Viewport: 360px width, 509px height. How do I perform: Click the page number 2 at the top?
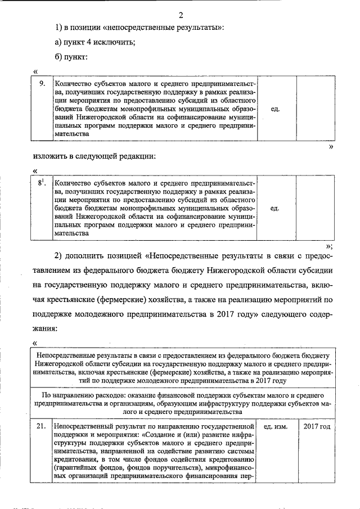[180, 15]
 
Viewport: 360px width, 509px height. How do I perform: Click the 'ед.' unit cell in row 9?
[276, 108]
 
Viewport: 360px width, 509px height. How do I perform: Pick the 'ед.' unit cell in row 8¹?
[276, 208]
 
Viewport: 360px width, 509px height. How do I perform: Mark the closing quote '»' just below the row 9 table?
[331, 145]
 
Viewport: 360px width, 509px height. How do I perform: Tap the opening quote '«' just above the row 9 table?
[35, 71]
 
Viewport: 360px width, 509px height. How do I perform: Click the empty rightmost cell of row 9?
[315, 108]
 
